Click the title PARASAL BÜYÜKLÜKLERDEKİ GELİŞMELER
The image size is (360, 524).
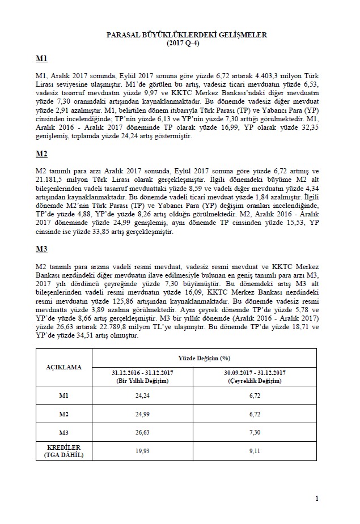pyautogui.click(x=187, y=35)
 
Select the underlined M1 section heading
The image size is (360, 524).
pyautogui.click(x=41, y=59)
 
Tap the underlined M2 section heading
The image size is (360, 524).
pyautogui.click(x=41, y=154)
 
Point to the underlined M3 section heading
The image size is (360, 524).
pyautogui.click(x=41, y=249)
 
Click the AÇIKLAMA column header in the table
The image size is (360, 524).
pyautogui.click(x=63, y=367)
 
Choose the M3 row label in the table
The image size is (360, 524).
pyautogui.click(x=63, y=433)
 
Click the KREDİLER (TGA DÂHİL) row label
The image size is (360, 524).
pyautogui.click(x=63, y=451)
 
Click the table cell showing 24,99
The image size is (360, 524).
pyautogui.click(x=143, y=414)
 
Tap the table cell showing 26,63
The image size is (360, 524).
pyautogui.click(x=143, y=433)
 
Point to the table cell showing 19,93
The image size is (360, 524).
pyautogui.click(x=143, y=451)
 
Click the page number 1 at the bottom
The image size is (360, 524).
pyautogui.click(x=317, y=498)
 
